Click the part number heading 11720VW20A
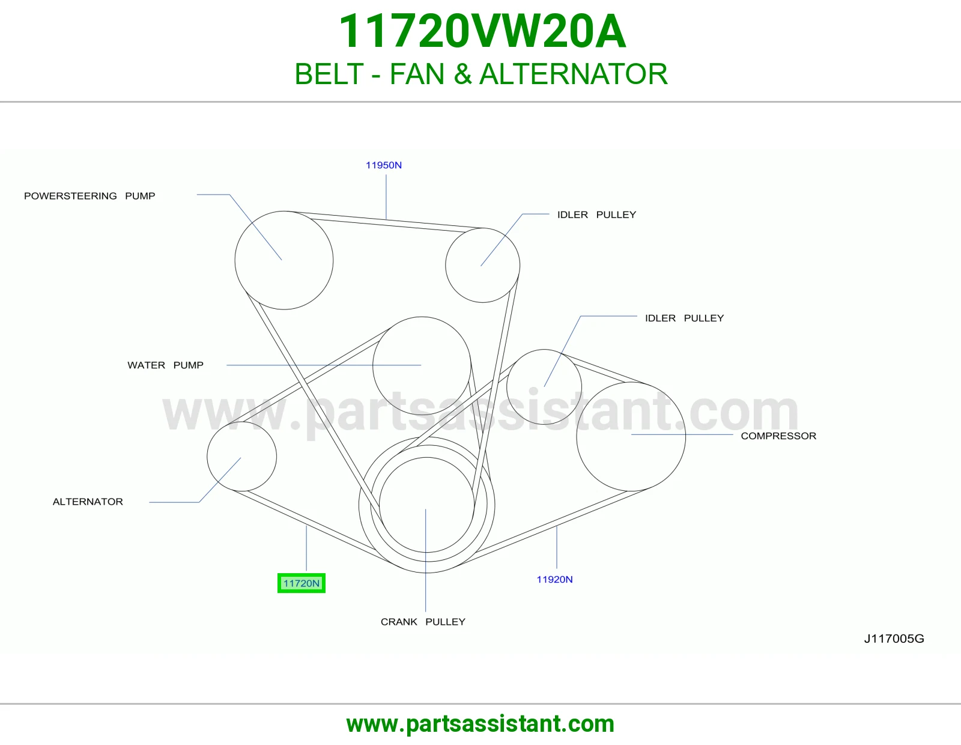(482, 31)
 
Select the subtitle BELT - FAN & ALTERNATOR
(480, 74)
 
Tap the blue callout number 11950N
(383, 165)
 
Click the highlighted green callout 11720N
(301, 583)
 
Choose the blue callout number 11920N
(554, 580)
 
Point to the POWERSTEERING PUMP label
(89, 196)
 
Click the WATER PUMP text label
(165, 365)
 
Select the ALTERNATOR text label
(88, 502)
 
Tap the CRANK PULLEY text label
(423, 622)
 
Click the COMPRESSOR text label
(778, 436)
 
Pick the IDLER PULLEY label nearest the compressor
(684, 318)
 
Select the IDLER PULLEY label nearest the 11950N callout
(596, 215)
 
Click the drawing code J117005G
(894, 639)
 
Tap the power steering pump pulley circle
(235, 260)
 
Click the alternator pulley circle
(207, 457)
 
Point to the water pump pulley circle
(373, 366)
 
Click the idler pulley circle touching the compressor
(507, 387)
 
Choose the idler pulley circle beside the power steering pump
(446, 266)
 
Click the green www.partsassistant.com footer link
(480, 724)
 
